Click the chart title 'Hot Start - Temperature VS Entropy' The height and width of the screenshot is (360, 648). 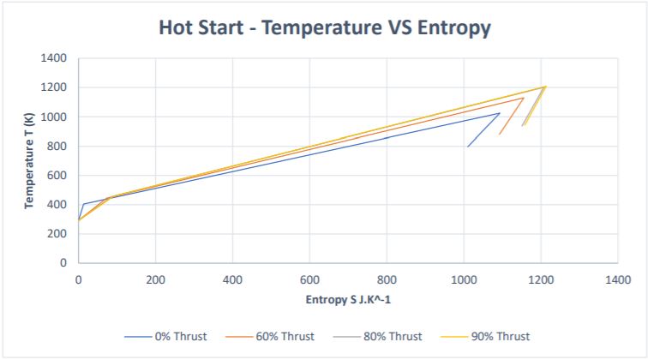click(x=324, y=27)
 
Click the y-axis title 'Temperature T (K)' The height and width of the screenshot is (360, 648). click(x=28, y=160)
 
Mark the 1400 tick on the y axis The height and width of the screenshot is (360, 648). click(x=54, y=58)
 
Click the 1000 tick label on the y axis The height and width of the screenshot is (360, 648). click(x=54, y=117)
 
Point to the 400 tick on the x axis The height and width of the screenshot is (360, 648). click(x=232, y=279)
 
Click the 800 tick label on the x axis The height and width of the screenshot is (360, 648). click(x=387, y=279)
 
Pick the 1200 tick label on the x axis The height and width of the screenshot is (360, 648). click(x=541, y=279)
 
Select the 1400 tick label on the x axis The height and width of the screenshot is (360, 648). click(x=618, y=279)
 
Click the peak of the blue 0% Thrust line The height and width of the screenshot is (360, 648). click(x=500, y=112)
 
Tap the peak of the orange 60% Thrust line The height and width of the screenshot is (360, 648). click(x=524, y=98)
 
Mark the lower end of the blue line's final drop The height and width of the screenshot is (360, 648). click(x=467, y=147)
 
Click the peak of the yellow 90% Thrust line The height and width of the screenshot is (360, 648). click(x=545, y=86)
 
